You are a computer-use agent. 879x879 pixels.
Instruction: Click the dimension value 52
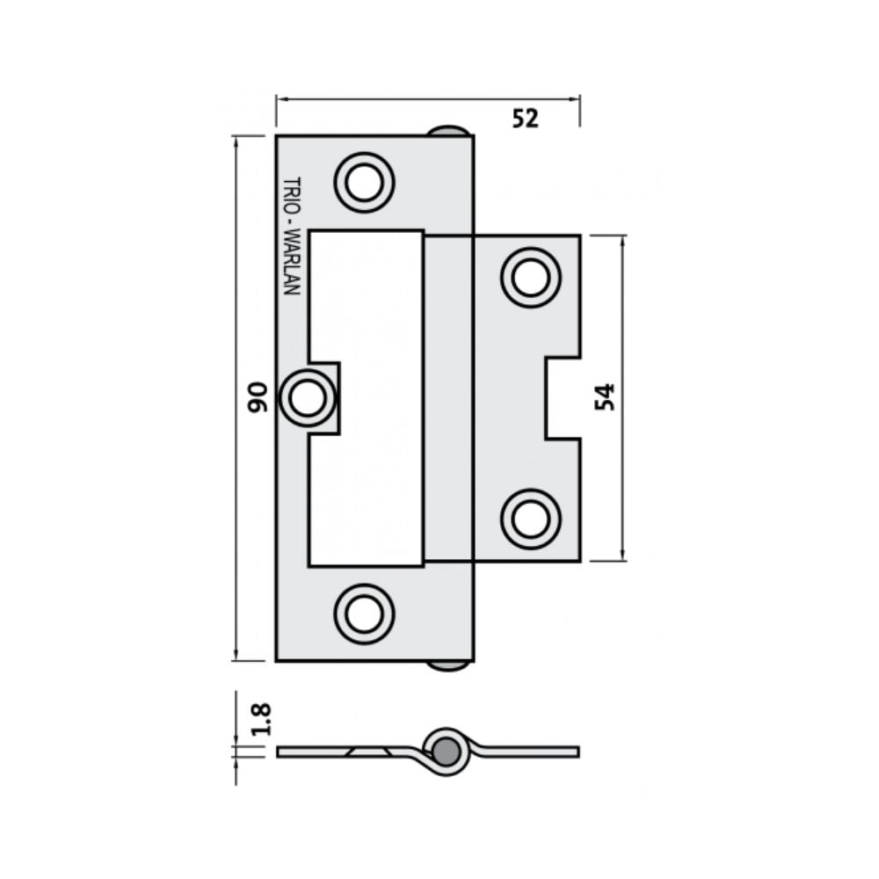(x=525, y=119)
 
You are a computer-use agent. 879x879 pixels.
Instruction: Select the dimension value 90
(x=257, y=397)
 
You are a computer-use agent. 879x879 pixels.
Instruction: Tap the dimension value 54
(x=605, y=397)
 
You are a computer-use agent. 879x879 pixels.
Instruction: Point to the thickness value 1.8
(x=259, y=718)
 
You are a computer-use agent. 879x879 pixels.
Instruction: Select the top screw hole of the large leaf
(x=363, y=183)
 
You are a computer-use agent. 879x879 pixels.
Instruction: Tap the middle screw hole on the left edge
(x=307, y=398)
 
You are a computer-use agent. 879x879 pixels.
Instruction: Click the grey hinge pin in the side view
(x=447, y=750)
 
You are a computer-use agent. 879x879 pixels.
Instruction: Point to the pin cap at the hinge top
(x=449, y=131)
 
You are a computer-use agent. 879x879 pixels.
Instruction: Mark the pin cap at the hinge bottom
(x=449, y=665)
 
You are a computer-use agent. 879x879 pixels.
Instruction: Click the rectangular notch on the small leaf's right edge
(x=563, y=397)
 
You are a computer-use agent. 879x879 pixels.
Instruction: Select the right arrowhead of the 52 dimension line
(x=577, y=99)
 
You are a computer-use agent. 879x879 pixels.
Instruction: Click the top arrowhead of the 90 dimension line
(x=236, y=140)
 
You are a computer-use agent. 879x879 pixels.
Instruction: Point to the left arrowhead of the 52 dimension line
(x=280, y=99)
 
